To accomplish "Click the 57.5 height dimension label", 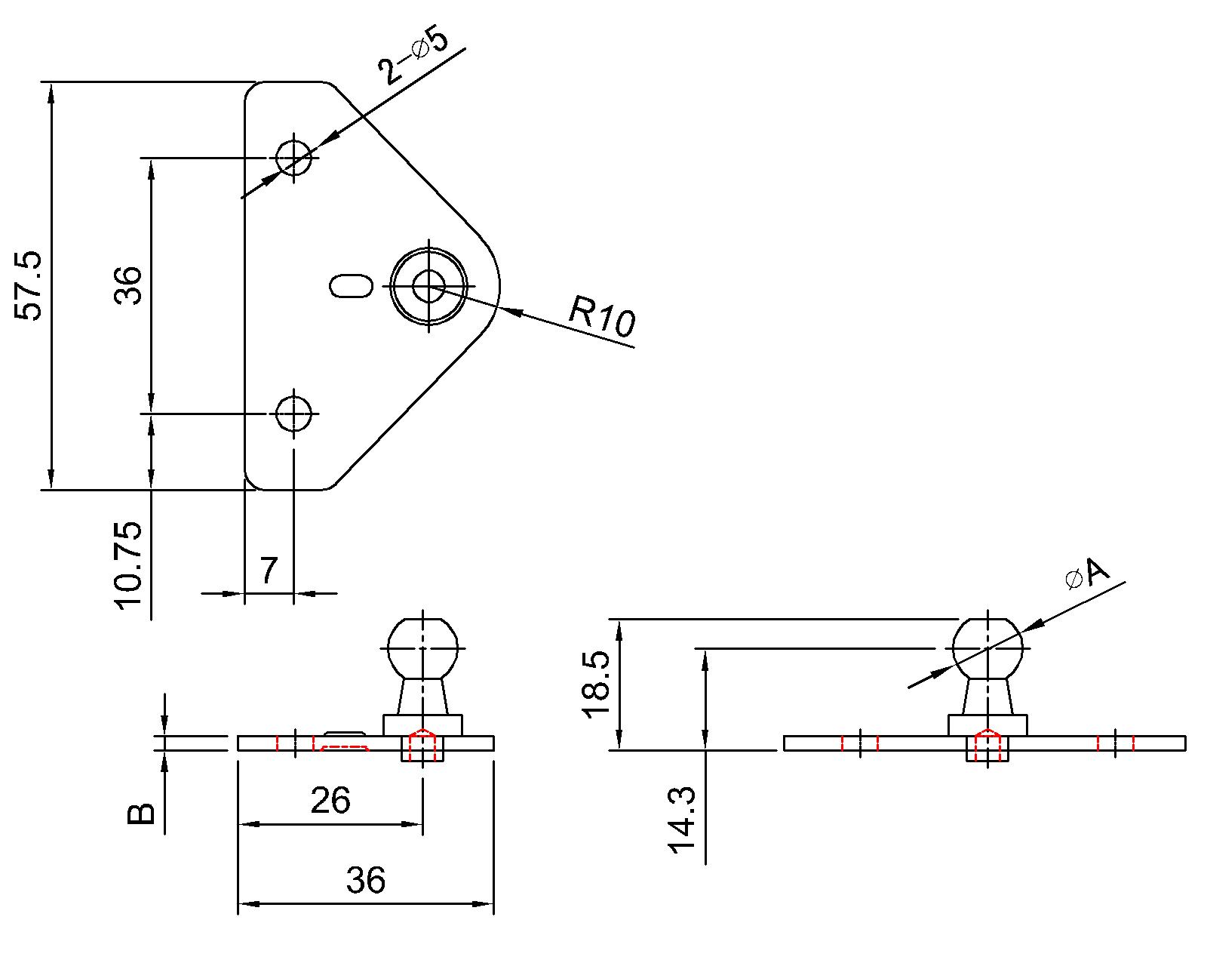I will [30, 286].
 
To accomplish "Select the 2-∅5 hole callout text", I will [413, 58].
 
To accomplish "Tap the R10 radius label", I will [602, 315].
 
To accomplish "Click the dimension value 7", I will [269, 571].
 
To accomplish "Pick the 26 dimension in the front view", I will [330, 801].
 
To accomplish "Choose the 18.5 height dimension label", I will [595, 685].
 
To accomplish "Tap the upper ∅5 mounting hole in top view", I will [293, 158].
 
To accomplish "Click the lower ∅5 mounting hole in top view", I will [293, 413].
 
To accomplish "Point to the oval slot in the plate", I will [352, 286].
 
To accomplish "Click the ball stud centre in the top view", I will [428, 286].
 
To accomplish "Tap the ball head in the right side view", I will [987, 648].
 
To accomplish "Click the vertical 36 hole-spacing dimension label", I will [129, 285].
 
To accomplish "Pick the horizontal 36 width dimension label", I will [366, 880].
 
